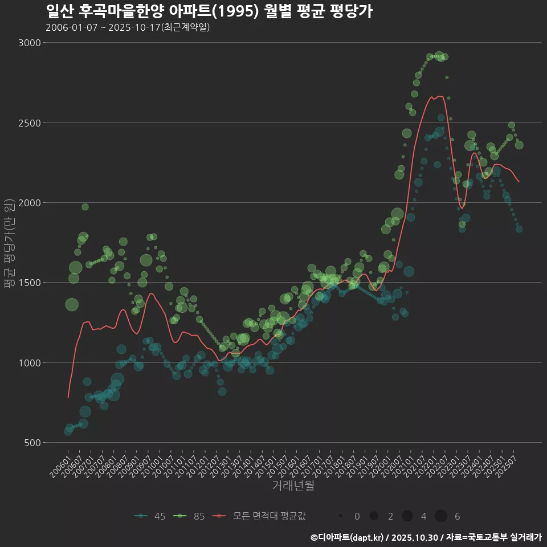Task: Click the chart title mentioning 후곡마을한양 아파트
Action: pyautogui.click(x=209, y=11)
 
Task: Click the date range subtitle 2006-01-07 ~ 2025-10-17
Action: pyautogui.click(x=128, y=27)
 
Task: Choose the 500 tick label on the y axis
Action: pyautogui.click(x=32, y=443)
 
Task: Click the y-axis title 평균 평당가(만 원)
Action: pyautogui.click(x=9, y=244)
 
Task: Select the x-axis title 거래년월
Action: pyautogui.click(x=293, y=485)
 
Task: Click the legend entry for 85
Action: pyautogui.click(x=190, y=516)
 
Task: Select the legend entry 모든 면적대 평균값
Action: pyautogui.click(x=259, y=516)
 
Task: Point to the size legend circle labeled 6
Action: pyautogui.click(x=440, y=516)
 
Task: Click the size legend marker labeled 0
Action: pyautogui.click(x=340, y=516)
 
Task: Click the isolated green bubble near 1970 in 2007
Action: pyautogui.click(x=85, y=207)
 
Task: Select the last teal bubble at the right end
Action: pyautogui.click(x=519, y=229)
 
